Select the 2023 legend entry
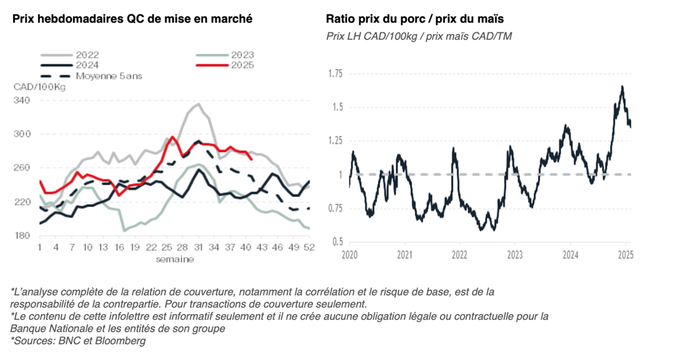click(x=242, y=55)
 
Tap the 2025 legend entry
click(x=242, y=65)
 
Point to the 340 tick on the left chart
click(x=22, y=101)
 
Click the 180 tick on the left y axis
click(x=22, y=236)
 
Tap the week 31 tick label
click(x=197, y=248)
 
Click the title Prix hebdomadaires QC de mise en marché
click(x=132, y=19)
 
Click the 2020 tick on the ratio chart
click(x=350, y=254)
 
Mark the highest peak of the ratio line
click(x=622, y=87)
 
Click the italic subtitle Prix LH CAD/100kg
click(x=367, y=36)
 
